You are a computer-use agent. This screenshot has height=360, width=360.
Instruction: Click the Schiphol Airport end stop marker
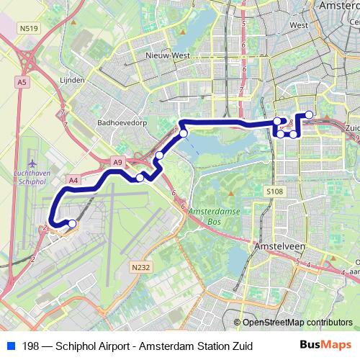pyautogui.click(x=71, y=225)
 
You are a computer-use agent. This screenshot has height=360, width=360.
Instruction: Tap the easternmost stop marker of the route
pyautogui.click(x=309, y=114)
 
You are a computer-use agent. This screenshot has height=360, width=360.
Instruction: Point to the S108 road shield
pyautogui.click(x=274, y=192)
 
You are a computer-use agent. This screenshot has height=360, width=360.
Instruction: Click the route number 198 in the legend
pyautogui.click(x=31, y=346)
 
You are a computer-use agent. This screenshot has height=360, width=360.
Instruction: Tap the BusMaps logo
pyautogui.click(x=325, y=346)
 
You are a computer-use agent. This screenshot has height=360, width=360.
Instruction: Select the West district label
pyautogui.click(x=297, y=24)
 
